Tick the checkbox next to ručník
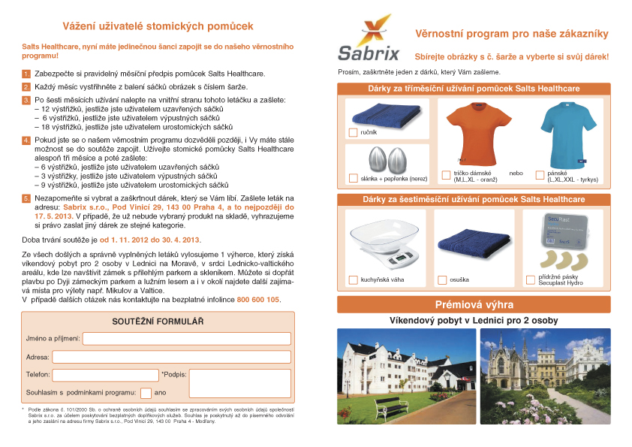[x=354, y=133]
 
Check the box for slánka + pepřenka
[x=354, y=178]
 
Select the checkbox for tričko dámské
[x=447, y=175]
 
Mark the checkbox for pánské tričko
[x=540, y=175]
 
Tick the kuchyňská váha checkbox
[x=354, y=280]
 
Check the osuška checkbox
[x=443, y=280]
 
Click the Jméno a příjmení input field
[x=186, y=339]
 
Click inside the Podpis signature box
[x=239, y=383]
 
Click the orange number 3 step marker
[x=26, y=100]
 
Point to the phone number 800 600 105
[x=258, y=299]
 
